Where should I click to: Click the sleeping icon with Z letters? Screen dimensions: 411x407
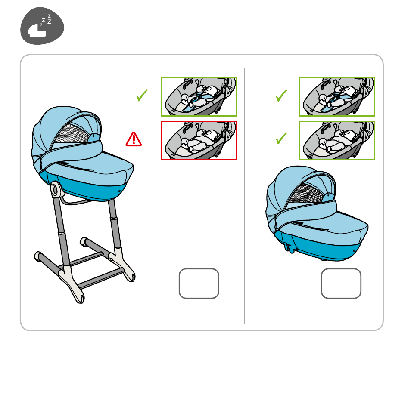(42, 26)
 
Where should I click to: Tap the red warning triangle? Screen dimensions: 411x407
(134, 139)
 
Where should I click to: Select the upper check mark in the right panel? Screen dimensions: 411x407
(281, 96)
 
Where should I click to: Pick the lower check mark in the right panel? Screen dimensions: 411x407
(281, 138)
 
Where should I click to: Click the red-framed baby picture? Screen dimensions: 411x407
(199, 141)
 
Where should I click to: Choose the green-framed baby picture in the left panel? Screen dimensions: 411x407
(199, 96)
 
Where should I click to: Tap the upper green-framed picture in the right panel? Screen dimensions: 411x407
(337, 96)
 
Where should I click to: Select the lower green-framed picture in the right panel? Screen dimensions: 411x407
(337, 141)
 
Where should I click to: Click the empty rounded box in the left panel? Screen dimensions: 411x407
(199, 283)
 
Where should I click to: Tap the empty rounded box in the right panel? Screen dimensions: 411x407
(341, 283)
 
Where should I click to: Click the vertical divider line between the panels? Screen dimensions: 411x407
(244, 196)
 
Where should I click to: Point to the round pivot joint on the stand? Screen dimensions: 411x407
(55, 189)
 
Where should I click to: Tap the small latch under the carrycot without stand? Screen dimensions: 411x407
(289, 247)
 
